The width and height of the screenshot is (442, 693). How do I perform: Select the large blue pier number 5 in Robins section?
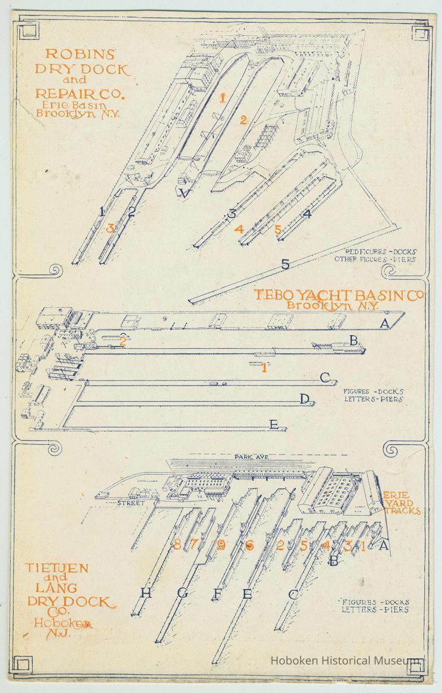point(285,264)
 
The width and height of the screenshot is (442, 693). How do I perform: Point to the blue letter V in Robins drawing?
point(185,193)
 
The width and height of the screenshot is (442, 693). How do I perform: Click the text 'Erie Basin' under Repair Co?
point(78,104)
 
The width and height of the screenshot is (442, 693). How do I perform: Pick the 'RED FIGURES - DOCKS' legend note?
point(380,252)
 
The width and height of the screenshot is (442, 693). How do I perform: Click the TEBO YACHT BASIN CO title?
point(339,295)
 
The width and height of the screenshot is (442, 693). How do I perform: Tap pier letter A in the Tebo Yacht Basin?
point(385,323)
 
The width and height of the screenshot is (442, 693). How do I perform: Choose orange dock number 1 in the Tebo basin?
point(264,368)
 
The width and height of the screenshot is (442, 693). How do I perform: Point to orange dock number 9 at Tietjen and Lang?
point(222,545)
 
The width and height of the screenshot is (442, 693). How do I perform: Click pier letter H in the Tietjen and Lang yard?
point(145,593)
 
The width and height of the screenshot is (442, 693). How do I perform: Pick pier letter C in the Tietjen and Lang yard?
point(293,594)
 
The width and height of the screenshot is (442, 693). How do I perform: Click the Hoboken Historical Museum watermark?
point(346,661)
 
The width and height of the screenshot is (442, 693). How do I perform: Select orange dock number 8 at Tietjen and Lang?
point(177,544)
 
